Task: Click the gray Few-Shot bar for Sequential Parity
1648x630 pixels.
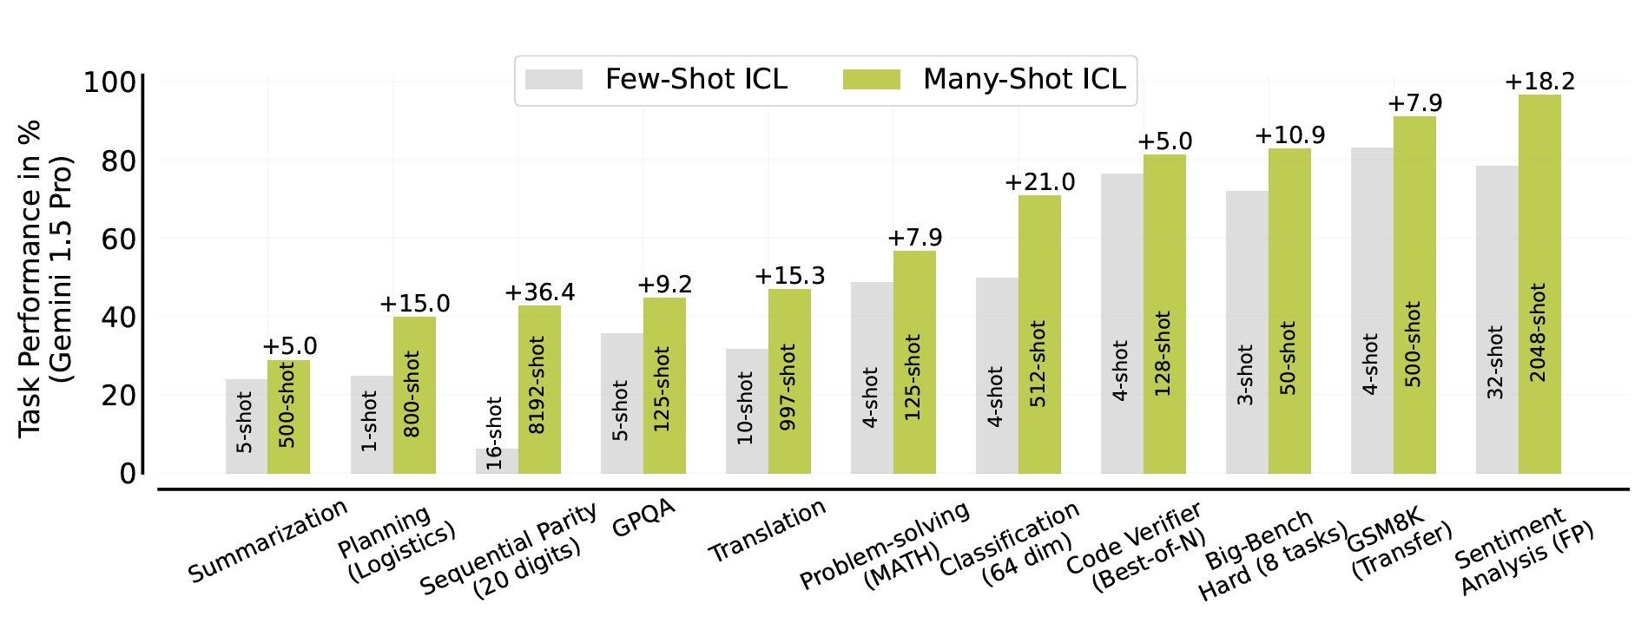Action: click(x=497, y=461)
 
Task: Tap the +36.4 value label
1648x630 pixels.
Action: click(x=539, y=292)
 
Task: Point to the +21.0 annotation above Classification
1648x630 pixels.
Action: click(x=1039, y=182)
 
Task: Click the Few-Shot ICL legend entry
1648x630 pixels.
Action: click(x=656, y=80)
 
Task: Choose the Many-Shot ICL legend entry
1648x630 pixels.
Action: click(x=985, y=80)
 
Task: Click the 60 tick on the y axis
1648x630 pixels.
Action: click(x=119, y=239)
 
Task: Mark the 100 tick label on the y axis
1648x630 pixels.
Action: click(x=109, y=82)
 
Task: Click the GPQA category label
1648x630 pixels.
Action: click(x=643, y=518)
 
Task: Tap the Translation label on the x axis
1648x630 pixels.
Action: click(x=767, y=530)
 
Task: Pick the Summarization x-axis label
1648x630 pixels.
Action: click(x=267, y=541)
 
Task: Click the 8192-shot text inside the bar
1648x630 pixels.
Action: click(x=538, y=385)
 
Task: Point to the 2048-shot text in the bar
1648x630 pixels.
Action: click(x=1538, y=331)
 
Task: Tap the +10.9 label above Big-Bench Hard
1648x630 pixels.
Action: click(x=1289, y=135)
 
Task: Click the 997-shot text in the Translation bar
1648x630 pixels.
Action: click(x=788, y=387)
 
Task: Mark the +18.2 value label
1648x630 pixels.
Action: click(x=1539, y=82)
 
